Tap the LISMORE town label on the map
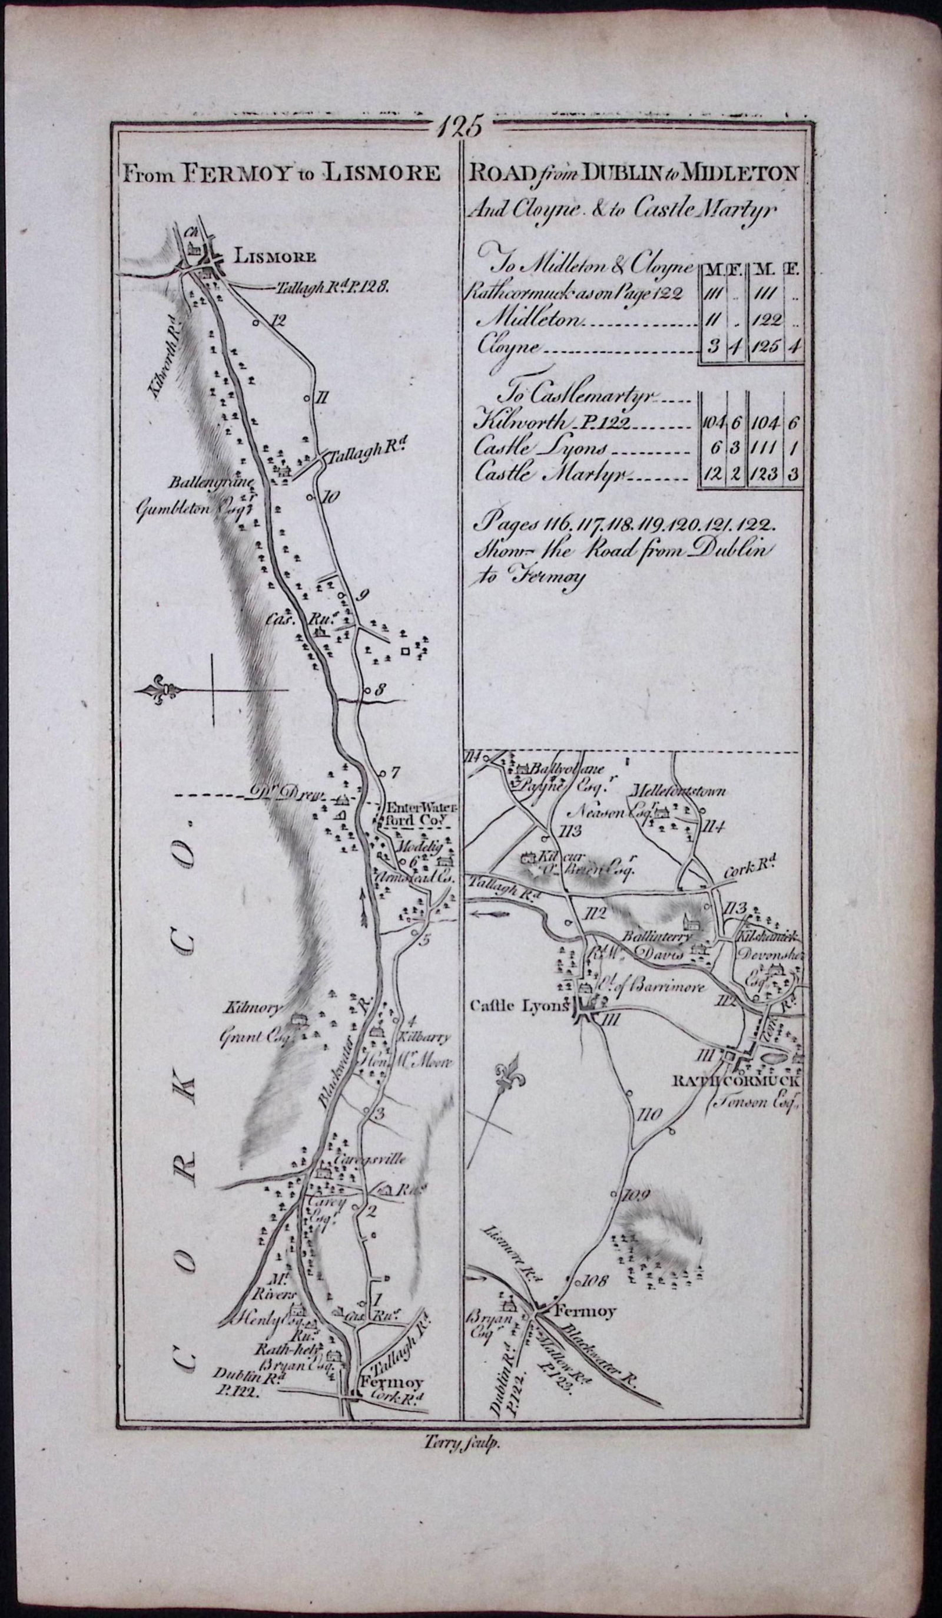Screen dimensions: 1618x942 tap(276, 257)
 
